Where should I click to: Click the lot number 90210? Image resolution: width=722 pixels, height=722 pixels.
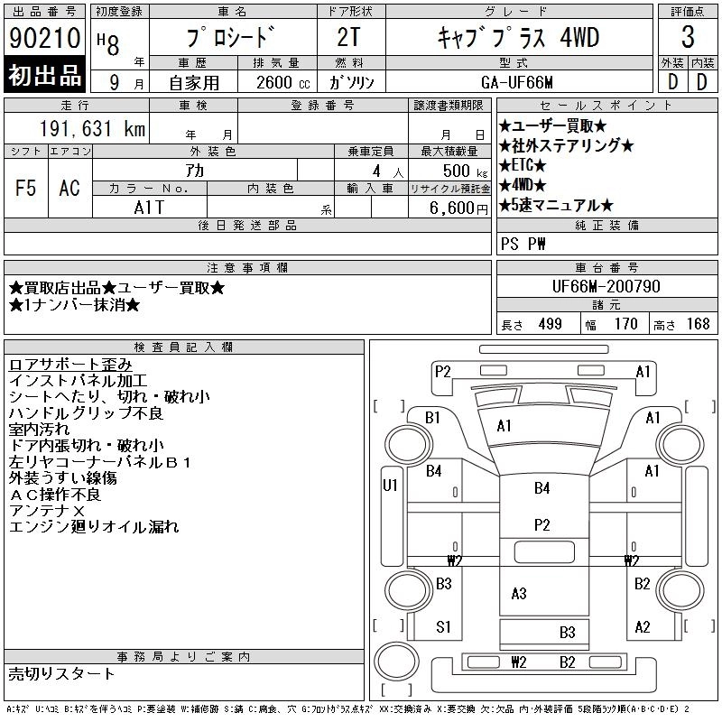pyautogui.click(x=45, y=40)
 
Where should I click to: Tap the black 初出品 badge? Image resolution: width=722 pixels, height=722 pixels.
pyautogui.click(x=45, y=76)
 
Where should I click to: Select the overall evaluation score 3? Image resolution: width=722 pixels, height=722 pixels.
pyautogui.click(x=688, y=38)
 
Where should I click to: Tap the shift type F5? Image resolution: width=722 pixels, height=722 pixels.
pyautogui.click(x=25, y=188)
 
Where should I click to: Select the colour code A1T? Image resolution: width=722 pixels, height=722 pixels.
pyautogui.click(x=148, y=208)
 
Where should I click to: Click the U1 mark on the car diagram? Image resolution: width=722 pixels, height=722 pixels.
pyautogui.click(x=391, y=486)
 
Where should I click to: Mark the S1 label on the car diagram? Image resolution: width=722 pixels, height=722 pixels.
pyautogui.click(x=443, y=626)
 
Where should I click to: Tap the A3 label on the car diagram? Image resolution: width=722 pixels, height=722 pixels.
pyautogui.click(x=519, y=593)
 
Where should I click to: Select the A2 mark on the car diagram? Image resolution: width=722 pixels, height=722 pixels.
pyautogui.click(x=643, y=627)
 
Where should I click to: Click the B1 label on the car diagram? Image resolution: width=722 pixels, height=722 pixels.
pyautogui.click(x=432, y=418)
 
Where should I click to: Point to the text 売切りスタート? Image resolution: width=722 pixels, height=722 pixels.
pyautogui.click(x=62, y=673)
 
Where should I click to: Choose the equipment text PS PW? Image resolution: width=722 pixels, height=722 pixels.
pyautogui.click(x=523, y=245)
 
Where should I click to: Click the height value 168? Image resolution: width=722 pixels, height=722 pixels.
pyautogui.click(x=698, y=324)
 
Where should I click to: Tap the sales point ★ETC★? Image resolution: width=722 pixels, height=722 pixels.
pyautogui.click(x=523, y=165)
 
